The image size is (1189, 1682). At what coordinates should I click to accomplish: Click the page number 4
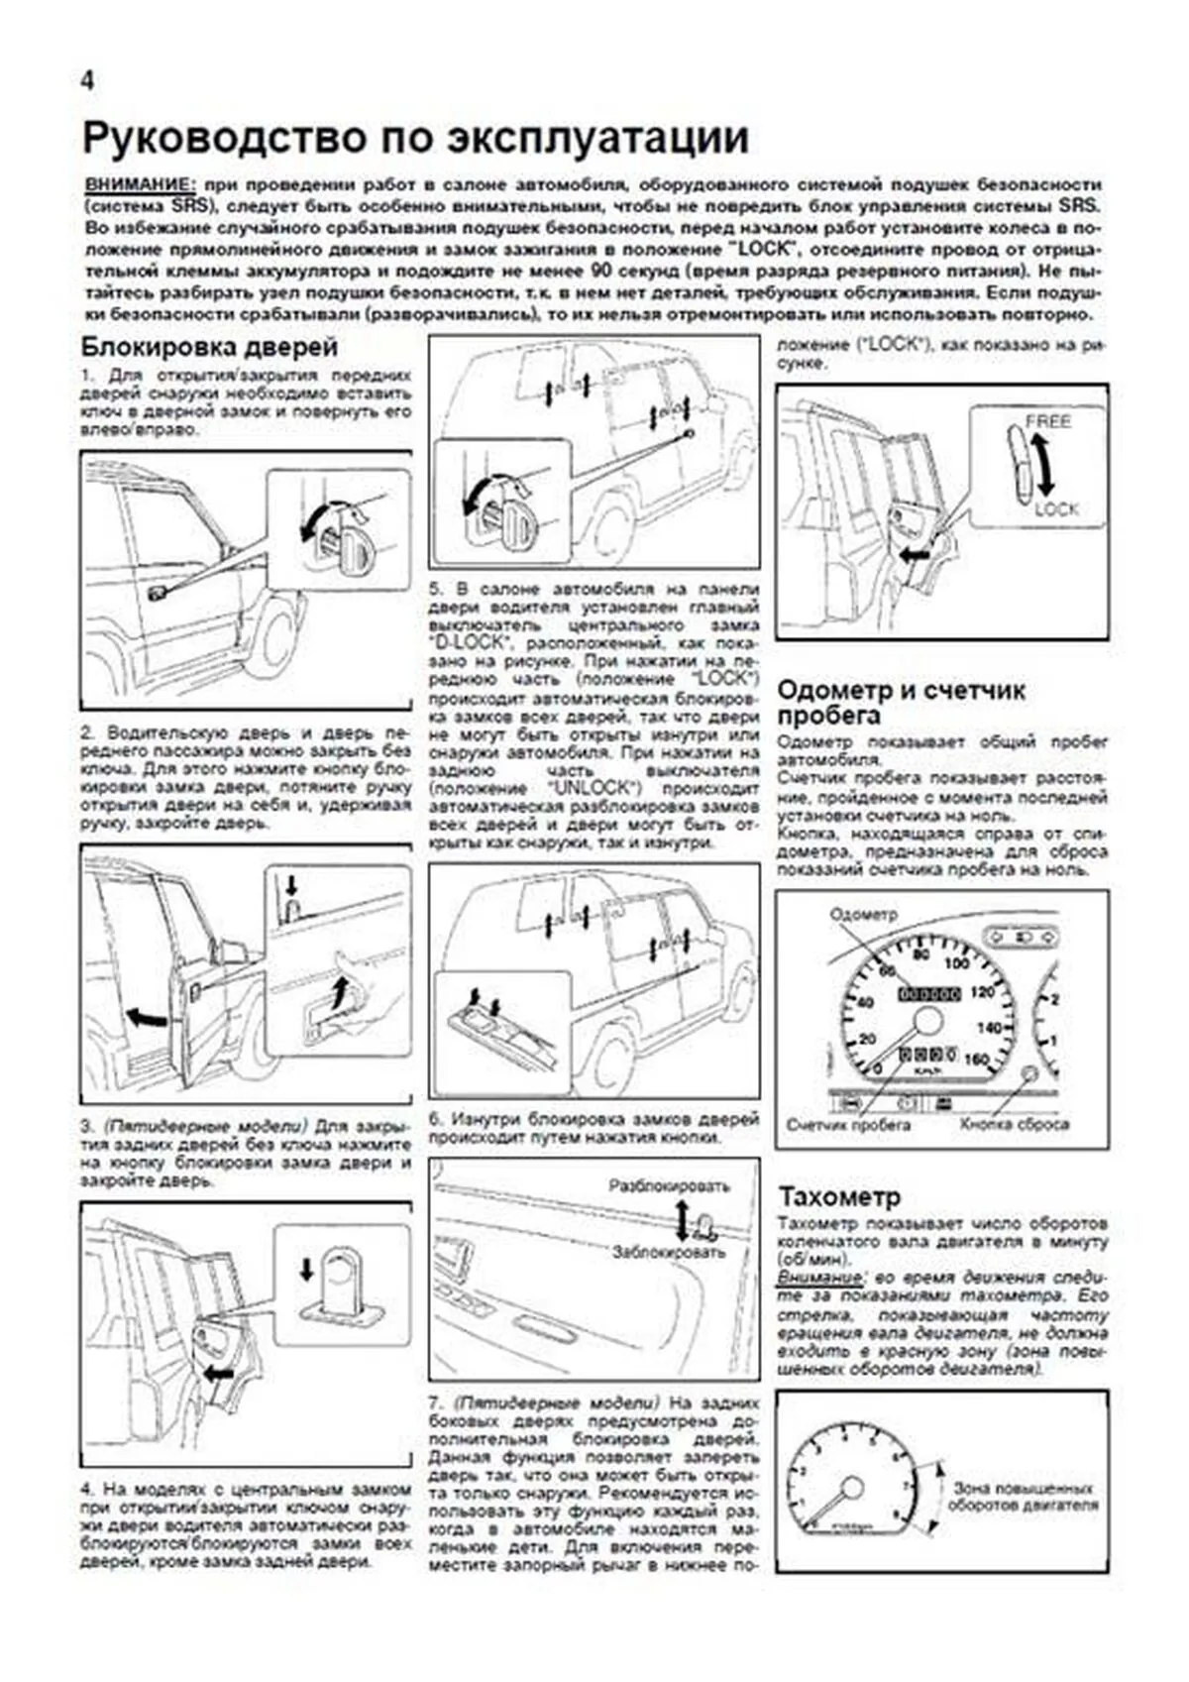[87, 82]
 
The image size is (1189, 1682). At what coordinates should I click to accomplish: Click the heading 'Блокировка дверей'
[209, 347]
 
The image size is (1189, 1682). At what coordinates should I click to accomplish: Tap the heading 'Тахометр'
[839, 1195]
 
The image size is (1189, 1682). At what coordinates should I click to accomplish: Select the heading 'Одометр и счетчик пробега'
[900, 703]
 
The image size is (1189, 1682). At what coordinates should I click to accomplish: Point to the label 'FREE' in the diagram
[1047, 421]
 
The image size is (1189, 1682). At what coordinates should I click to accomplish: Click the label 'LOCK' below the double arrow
[1055, 509]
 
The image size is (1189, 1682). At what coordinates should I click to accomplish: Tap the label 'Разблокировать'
[669, 1185]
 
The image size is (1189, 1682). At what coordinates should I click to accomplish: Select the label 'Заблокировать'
[669, 1252]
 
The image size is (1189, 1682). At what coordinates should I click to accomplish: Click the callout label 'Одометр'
[862, 914]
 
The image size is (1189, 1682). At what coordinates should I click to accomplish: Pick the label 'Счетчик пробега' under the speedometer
[848, 1125]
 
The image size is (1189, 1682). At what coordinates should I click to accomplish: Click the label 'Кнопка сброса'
[1014, 1125]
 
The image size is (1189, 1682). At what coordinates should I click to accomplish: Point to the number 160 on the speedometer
[976, 1060]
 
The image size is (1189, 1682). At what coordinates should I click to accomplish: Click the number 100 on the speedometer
[957, 963]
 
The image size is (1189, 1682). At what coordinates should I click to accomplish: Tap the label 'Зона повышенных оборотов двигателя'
[1024, 1497]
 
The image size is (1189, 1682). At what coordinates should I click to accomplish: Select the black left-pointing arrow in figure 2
[147, 1017]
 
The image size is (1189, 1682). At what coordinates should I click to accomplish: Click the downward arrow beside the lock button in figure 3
[306, 1269]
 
